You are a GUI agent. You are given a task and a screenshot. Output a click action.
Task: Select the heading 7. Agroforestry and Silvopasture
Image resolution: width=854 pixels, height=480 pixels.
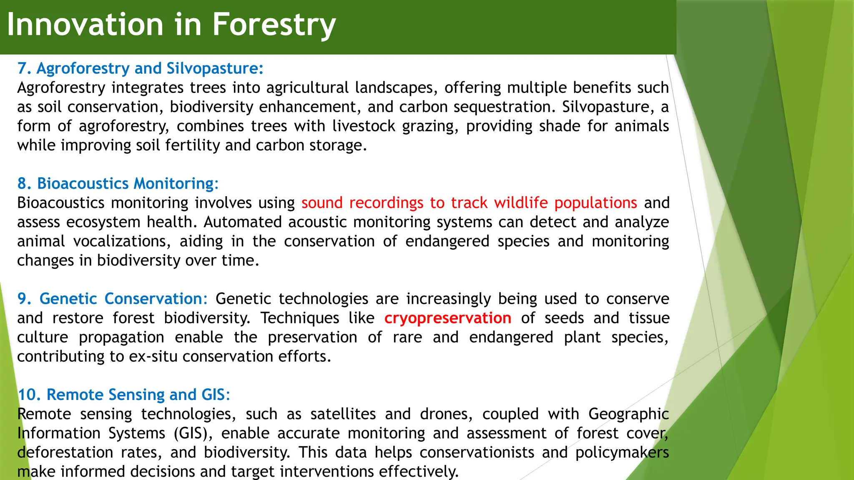click(x=140, y=68)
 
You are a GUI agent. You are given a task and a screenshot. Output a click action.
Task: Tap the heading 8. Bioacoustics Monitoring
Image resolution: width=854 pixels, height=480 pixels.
click(x=118, y=184)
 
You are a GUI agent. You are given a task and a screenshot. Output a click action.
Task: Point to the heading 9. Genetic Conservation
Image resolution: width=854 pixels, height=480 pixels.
click(x=112, y=299)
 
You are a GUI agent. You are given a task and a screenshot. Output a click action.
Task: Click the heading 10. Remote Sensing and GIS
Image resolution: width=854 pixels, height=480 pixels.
click(x=123, y=395)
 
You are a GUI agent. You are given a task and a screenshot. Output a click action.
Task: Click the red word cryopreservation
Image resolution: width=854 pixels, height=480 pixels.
click(x=447, y=318)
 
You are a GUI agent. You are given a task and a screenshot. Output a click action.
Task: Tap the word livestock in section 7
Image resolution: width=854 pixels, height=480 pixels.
click(x=364, y=126)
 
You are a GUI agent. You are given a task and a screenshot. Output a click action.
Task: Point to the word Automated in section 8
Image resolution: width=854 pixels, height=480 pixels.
click(x=243, y=222)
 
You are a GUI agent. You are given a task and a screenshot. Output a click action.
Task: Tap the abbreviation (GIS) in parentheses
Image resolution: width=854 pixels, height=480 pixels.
click(x=193, y=433)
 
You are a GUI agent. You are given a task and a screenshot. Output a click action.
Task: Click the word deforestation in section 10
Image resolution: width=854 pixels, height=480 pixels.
click(x=65, y=452)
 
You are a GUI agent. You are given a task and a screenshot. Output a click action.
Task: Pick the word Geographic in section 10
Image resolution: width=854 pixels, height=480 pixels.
click(x=628, y=414)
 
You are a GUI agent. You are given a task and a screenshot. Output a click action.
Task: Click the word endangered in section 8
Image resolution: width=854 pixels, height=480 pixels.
click(x=447, y=242)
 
